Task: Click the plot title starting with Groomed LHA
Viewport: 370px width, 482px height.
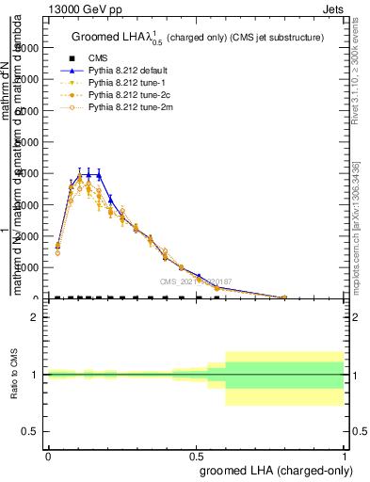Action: pos(198,38)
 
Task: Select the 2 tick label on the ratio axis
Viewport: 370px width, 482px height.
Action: pos(35,317)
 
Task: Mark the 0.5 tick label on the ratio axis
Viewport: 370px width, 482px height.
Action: pos(30,431)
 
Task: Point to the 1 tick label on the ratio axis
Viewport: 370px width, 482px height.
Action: pos(35,375)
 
